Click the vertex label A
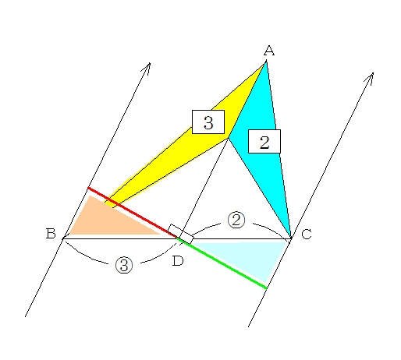tap(269, 51)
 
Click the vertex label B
tap(51, 233)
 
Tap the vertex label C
tap(307, 234)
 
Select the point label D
tap(178, 260)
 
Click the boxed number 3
tap(208, 122)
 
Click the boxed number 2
tap(264, 142)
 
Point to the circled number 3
tap(124, 265)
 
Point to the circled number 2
tap(236, 221)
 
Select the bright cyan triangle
tap(263, 130)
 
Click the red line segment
tap(133, 213)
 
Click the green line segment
tap(222, 263)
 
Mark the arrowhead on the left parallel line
tap(147, 68)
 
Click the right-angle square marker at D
tap(180, 234)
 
